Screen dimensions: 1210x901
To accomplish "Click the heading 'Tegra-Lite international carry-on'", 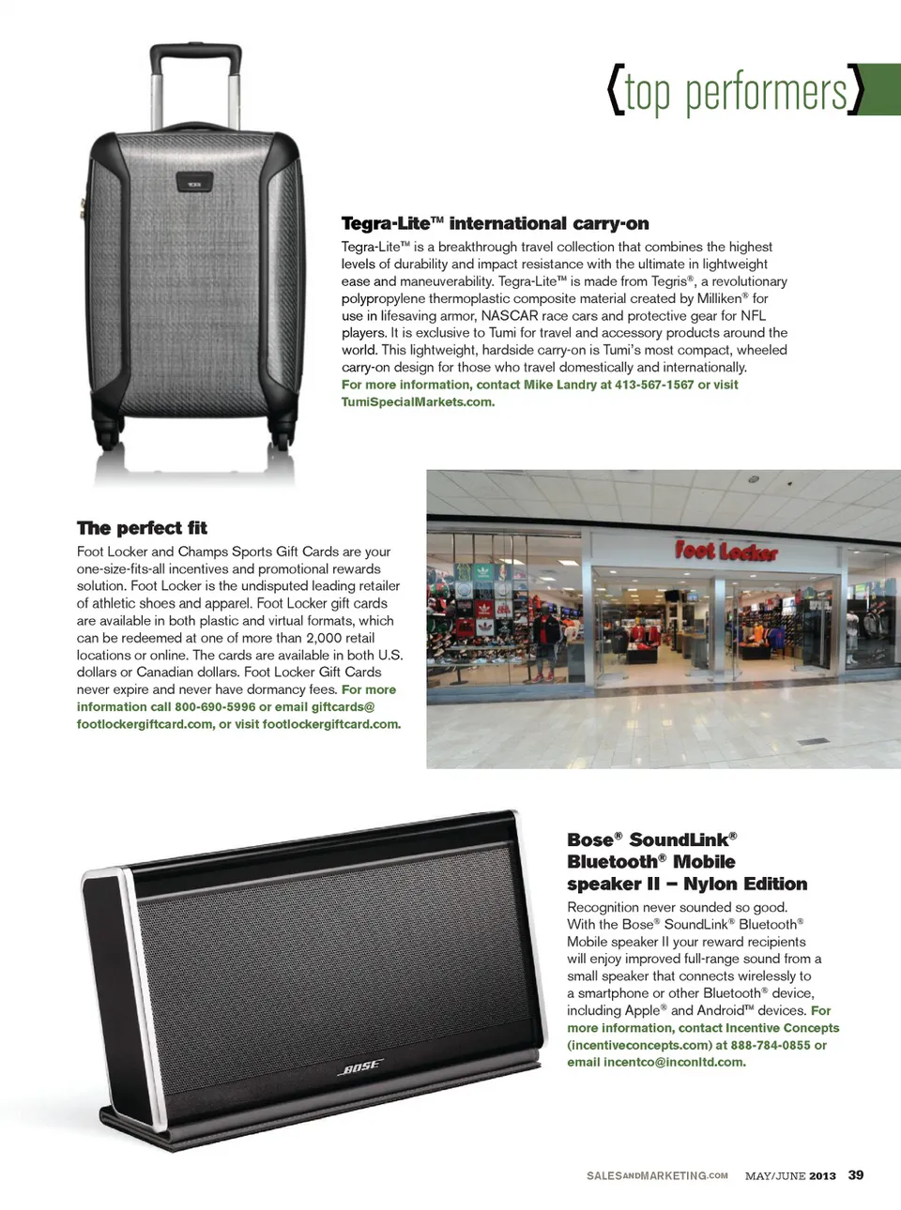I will [495, 223].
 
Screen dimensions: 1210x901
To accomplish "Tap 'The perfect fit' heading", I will [142, 528].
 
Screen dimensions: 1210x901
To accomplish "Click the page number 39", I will [856, 1175].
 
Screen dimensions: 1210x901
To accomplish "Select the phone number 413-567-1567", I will [654, 385].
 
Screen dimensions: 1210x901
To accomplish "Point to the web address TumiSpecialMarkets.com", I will [417, 402].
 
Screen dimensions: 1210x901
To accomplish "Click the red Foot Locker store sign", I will [725, 551].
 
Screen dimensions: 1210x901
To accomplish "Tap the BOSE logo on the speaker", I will [360, 1066].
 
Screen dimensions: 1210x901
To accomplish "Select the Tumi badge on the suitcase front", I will [194, 183].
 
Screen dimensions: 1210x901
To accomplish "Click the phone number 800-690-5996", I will [215, 707].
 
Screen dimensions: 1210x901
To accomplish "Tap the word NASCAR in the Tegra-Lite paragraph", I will [509, 316].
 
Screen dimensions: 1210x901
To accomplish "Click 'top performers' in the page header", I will [735, 92].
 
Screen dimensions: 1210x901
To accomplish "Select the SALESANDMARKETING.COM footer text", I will [657, 1176].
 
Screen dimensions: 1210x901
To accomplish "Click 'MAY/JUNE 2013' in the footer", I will [790, 1176].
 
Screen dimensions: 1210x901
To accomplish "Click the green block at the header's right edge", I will [882, 89].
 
